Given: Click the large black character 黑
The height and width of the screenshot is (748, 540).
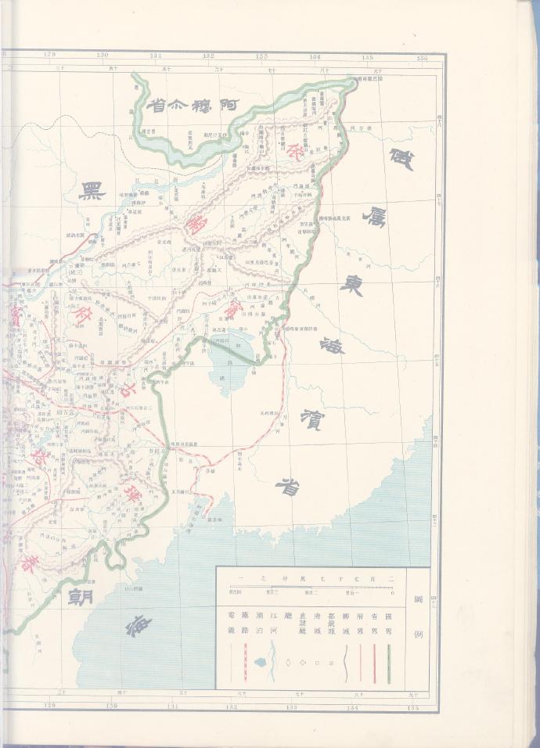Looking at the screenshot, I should click(92, 192).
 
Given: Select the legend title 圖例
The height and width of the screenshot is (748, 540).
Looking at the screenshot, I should click(417, 626).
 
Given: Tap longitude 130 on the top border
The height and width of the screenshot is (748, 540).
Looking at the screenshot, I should click(103, 56).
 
